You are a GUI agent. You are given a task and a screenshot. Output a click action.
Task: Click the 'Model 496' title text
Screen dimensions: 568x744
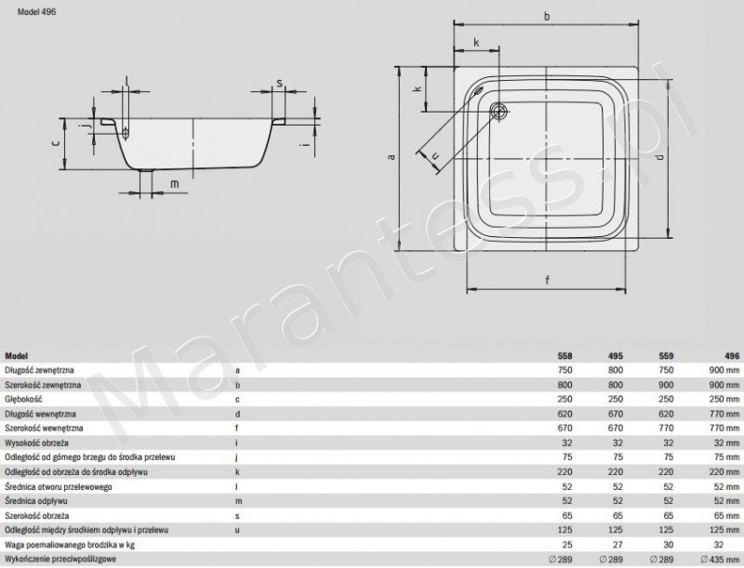click(x=27, y=12)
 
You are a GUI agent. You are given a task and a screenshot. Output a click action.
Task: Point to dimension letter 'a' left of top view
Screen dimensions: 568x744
click(x=392, y=157)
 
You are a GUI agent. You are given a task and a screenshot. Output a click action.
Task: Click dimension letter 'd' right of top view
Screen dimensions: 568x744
click(x=659, y=157)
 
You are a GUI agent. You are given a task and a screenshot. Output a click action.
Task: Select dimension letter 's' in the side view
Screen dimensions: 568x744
click(x=279, y=84)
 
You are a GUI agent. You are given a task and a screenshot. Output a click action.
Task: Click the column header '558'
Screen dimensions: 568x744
click(x=565, y=356)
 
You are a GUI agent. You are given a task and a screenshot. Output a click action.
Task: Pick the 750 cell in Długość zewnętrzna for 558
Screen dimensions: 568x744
click(x=565, y=370)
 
